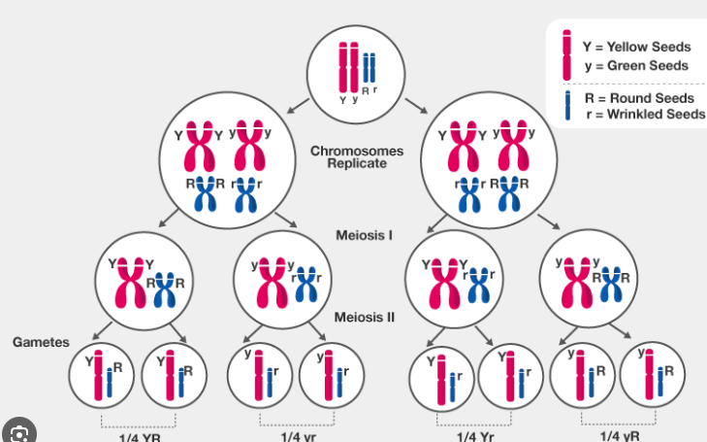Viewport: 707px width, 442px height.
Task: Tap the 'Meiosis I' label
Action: [364, 234]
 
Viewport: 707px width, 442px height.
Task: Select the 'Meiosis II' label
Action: [365, 317]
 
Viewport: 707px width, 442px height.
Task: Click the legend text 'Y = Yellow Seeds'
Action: [635, 47]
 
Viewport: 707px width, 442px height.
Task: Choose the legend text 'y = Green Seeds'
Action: [636, 66]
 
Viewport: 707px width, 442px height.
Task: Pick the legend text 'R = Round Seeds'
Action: [639, 98]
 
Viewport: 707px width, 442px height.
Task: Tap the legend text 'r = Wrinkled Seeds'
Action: [645, 116]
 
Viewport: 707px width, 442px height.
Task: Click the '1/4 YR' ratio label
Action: [142, 435]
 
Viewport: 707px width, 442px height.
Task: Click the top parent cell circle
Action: [354, 69]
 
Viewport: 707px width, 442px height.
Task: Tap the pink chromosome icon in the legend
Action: [566, 53]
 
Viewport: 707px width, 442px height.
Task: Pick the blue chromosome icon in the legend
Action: [566, 105]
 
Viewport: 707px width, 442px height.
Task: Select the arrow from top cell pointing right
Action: [415, 104]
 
